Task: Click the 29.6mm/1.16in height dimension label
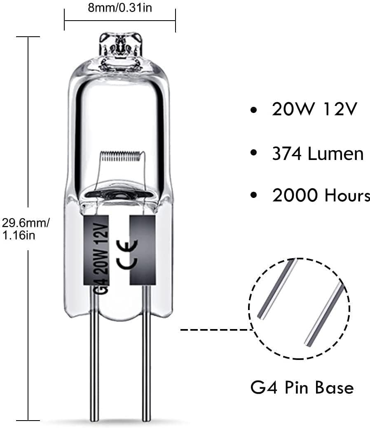point(26,229)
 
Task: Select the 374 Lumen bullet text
point(318,153)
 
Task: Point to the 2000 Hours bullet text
point(321,195)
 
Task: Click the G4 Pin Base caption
point(302,388)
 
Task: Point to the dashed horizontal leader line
point(214,330)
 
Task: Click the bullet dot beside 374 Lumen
point(255,153)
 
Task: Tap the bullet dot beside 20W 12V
point(255,110)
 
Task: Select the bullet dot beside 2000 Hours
point(255,196)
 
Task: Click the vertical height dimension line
point(28,124)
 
